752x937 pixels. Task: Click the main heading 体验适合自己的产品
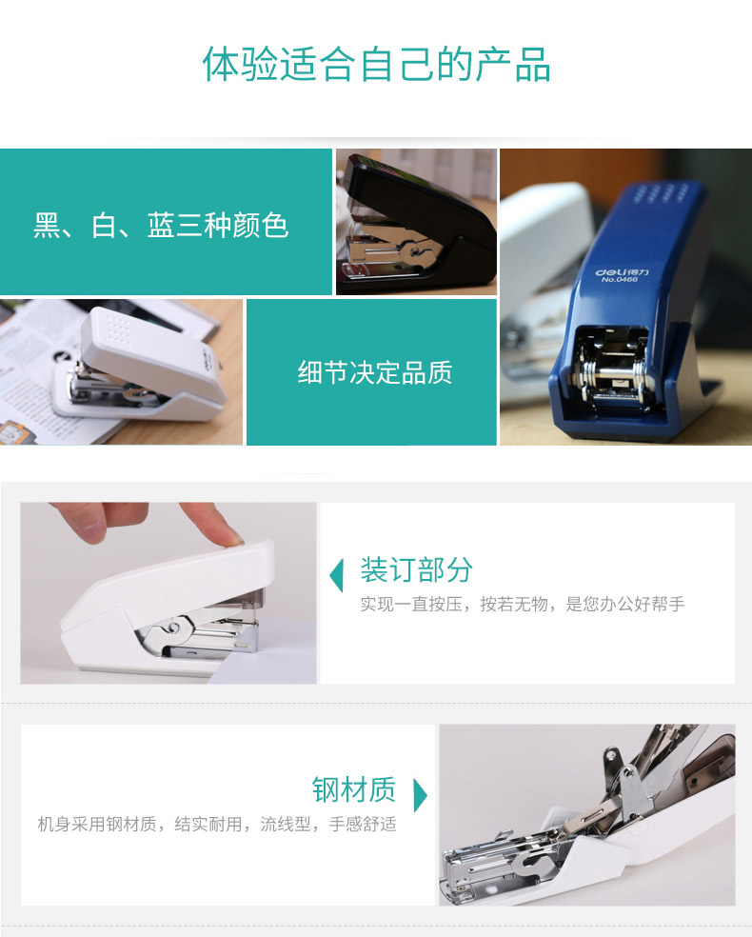(376, 64)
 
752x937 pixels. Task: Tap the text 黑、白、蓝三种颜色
(161, 226)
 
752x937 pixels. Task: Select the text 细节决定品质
(375, 372)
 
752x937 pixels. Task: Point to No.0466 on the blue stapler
(620, 279)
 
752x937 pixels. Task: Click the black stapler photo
(416, 222)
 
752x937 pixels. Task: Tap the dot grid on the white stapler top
(119, 329)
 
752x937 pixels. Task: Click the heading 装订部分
(416, 568)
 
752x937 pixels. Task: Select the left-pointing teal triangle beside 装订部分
(337, 575)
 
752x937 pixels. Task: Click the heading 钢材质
(354, 788)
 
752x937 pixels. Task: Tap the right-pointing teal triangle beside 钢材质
(421, 795)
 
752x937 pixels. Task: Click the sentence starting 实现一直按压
(523, 604)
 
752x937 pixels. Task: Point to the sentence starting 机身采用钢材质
(217, 824)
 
